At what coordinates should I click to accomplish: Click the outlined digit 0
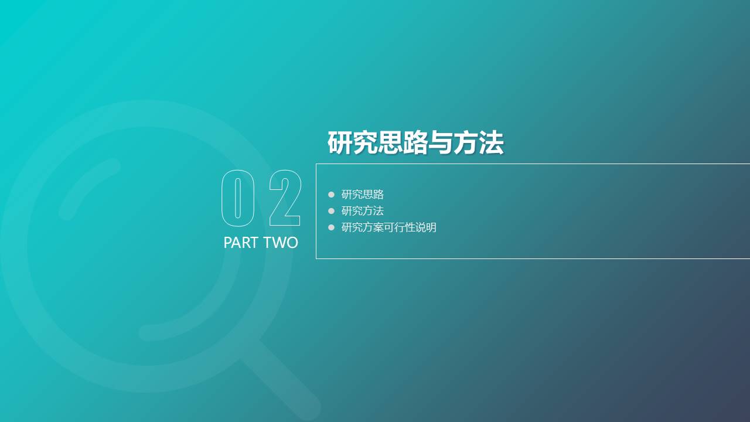pyautogui.click(x=238, y=198)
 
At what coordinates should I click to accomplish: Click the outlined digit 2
pyautogui.click(x=285, y=198)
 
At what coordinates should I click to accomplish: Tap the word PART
pyautogui.click(x=241, y=243)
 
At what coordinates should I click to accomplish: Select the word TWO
pyautogui.click(x=281, y=243)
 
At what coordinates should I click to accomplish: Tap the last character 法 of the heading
pyautogui.click(x=491, y=143)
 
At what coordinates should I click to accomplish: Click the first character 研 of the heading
pyautogui.click(x=340, y=143)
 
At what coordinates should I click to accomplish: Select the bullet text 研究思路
pyautogui.click(x=363, y=195)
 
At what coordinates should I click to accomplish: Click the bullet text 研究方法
pyautogui.click(x=363, y=211)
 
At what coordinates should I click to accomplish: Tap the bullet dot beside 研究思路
pyautogui.click(x=331, y=195)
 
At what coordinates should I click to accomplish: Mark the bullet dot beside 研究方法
pyautogui.click(x=331, y=211)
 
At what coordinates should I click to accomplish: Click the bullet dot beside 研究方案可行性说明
pyautogui.click(x=331, y=227)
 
